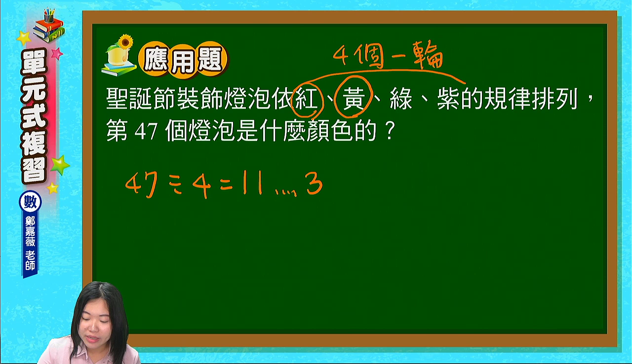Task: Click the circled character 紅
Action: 306,99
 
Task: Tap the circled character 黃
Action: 353,99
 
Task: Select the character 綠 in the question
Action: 400,99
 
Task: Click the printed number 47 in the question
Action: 146,132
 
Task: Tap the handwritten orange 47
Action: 141,184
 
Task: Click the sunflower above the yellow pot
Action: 125,42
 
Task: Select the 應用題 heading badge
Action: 183,60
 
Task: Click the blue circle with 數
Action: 30,202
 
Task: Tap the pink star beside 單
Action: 57,53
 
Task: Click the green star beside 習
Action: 60,165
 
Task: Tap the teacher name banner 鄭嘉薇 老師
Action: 30,245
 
